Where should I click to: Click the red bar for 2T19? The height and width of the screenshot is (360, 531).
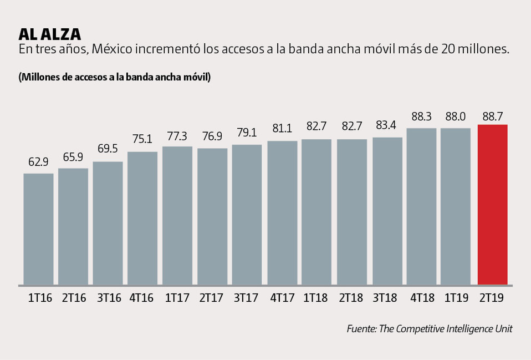coord(492,204)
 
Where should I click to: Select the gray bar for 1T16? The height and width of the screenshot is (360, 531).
coord(38,229)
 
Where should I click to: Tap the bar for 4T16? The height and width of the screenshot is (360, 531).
coord(142,217)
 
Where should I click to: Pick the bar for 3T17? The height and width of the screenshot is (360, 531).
coord(247,214)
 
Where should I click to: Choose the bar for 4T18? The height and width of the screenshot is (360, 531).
coord(422,206)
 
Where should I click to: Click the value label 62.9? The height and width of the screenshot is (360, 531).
coord(38,163)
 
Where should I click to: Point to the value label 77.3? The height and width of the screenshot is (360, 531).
coord(178,136)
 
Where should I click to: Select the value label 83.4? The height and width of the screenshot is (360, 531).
coord(387,126)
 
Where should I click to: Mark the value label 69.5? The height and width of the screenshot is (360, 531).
coord(108,150)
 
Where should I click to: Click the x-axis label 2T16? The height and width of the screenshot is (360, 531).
coord(74,298)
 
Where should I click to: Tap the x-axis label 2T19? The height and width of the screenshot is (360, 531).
coord(492,298)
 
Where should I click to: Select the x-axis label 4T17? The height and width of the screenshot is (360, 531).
coord(282,298)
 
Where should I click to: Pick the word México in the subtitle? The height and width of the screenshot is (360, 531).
coord(111,49)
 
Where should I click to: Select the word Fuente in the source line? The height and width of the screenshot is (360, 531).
coord(361,329)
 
